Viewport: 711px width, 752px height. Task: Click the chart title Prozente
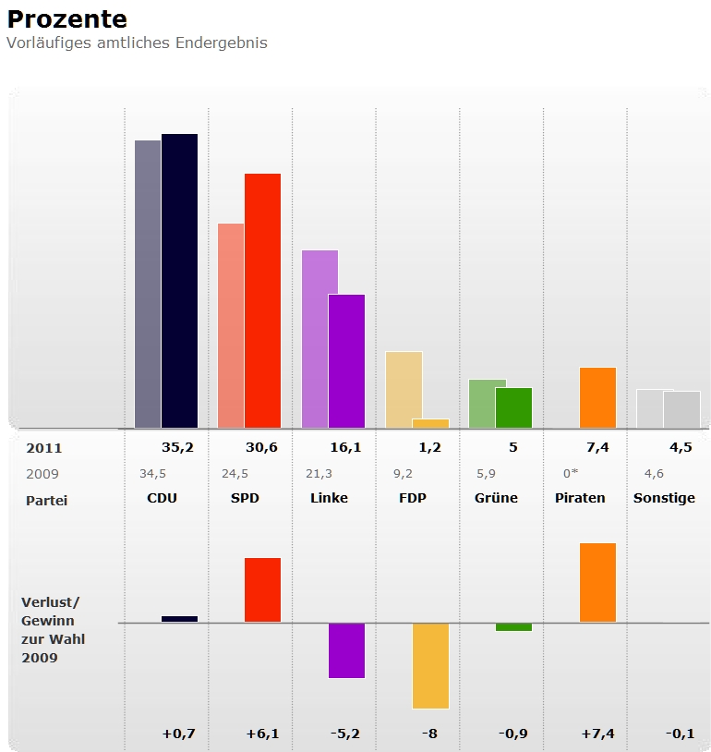click(67, 19)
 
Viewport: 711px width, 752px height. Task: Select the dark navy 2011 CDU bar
click(179, 281)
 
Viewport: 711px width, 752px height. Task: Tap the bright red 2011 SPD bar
click(262, 300)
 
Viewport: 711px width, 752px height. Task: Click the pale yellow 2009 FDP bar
click(403, 389)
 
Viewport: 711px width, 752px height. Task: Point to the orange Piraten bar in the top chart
click(597, 397)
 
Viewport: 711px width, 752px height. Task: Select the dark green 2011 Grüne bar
click(513, 407)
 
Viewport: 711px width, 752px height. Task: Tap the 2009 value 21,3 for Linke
click(319, 474)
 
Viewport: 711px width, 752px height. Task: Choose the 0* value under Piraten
click(570, 474)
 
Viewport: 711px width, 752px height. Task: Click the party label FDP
click(412, 498)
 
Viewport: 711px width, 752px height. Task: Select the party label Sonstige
click(664, 498)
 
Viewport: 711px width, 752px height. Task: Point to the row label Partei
click(47, 500)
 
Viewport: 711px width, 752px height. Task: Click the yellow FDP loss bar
click(430, 665)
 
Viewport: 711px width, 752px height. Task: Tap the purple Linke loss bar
click(346, 650)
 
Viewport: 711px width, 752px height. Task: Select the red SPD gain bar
click(262, 589)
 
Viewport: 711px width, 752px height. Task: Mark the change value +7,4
click(597, 734)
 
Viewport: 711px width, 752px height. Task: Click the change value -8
click(429, 734)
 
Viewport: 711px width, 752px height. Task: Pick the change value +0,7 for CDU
click(178, 734)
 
